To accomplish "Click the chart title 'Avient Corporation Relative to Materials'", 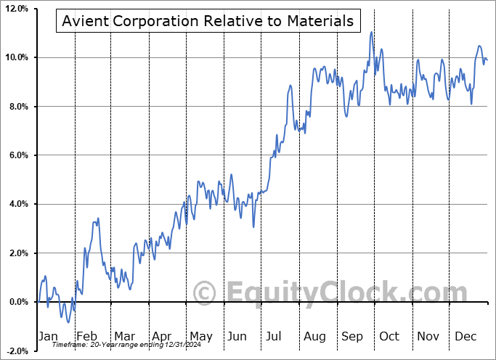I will click(x=208, y=21).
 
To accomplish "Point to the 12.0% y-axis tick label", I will click(x=15, y=9).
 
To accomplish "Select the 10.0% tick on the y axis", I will click(x=15, y=57).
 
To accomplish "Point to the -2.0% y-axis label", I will click(x=16, y=351).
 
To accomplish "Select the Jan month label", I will click(x=47, y=336).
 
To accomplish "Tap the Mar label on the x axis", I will click(x=123, y=336).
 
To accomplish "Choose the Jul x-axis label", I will click(x=275, y=336).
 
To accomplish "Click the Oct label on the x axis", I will click(x=389, y=336).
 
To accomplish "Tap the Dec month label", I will click(x=465, y=336).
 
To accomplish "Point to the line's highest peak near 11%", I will click(x=371, y=32).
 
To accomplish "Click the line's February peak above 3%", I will click(x=97, y=218).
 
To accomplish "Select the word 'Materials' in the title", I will click(x=320, y=21).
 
